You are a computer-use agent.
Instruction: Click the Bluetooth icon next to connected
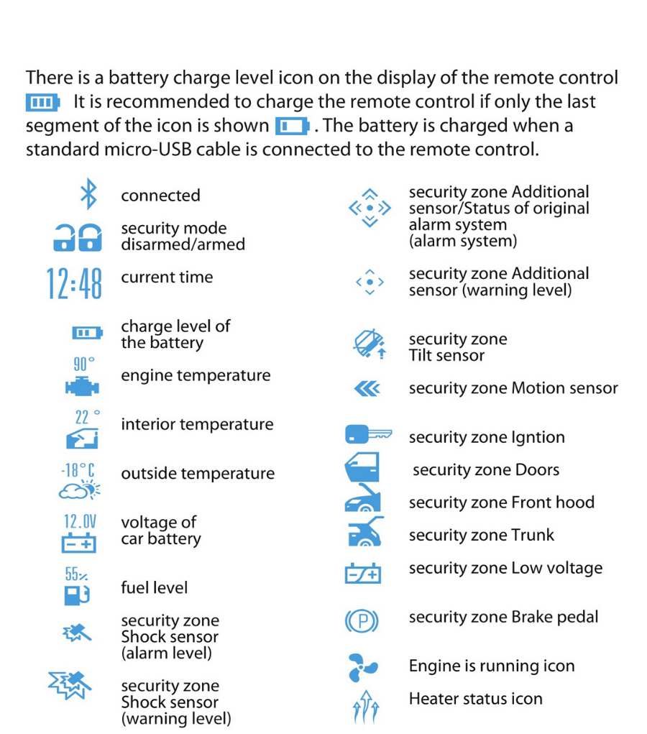click(x=88, y=195)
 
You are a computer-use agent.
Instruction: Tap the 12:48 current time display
click(x=74, y=283)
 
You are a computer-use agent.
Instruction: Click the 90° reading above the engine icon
click(x=83, y=364)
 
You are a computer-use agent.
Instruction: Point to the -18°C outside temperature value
click(x=78, y=471)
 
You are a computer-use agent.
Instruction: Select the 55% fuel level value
click(x=77, y=574)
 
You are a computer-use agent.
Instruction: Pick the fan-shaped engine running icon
click(x=362, y=667)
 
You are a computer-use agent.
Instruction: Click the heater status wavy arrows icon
click(x=364, y=707)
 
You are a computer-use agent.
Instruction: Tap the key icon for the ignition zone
click(x=368, y=435)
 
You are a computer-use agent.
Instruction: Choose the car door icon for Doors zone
click(x=362, y=469)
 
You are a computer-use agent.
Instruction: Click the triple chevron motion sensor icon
click(x=367, y=389)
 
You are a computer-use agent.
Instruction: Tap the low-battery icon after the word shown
click(x=292, y=127)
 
